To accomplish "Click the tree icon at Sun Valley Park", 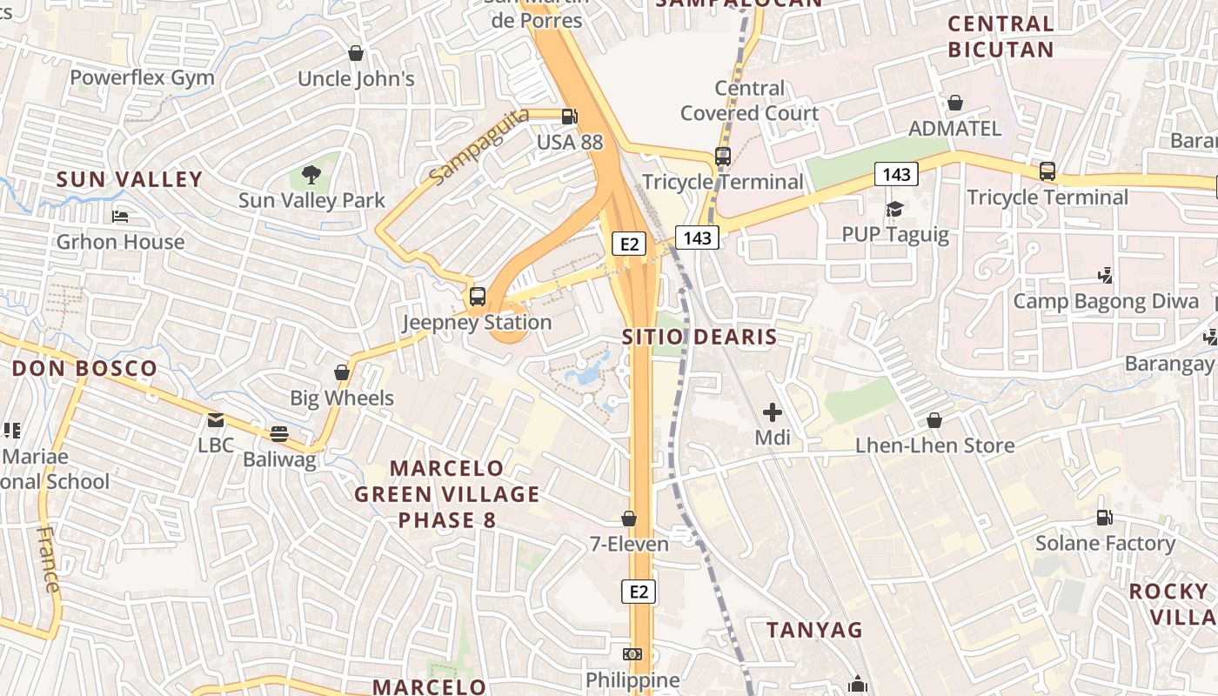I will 311,175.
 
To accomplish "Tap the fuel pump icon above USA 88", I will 570,116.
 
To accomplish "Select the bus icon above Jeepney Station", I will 477,296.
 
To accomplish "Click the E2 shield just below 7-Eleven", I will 639,592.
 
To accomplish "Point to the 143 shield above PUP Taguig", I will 896,175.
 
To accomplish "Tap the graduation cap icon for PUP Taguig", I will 894,209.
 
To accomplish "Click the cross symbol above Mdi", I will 772,412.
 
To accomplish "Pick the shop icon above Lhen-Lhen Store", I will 934,420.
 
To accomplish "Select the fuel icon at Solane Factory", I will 1104,518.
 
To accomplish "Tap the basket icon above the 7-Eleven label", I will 629,519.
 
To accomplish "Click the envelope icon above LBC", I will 215,420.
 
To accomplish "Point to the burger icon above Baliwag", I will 278,433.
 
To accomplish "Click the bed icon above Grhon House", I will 120,216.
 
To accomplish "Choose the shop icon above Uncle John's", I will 355,53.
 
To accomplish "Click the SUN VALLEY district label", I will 130,180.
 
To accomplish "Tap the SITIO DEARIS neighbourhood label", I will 699,337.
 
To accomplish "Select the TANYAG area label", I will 814,629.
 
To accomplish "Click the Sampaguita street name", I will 478,147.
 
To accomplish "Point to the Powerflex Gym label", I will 142,77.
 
